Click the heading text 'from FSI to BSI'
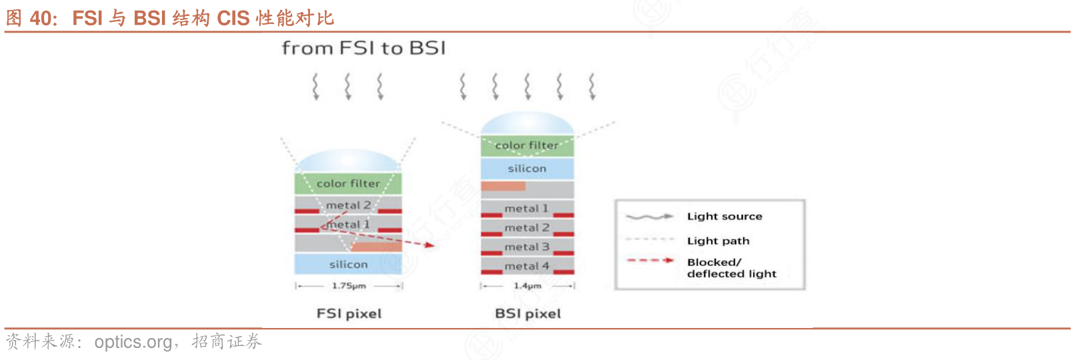click(363, 48)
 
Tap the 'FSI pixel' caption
click(349, 313)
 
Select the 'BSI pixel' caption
click(527, 313)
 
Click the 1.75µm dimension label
click(349, 285)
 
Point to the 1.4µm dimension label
click(527, 285)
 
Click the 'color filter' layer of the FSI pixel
click(348, 183)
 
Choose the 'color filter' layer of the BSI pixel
click(527, 145)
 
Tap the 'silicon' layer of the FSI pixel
click(348, 264)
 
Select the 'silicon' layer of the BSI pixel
click(527, 169)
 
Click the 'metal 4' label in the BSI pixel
click(527, 266)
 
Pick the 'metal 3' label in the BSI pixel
click(527, 247)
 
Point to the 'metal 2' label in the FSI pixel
click(348, 205)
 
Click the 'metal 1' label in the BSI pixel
click(526, 208)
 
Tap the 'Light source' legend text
click(725, 217)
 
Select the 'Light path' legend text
click(718, 241)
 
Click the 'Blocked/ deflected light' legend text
click(732, 268)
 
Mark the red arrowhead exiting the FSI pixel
click(429, 245)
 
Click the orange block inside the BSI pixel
click(503, 186)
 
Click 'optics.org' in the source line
click(133, 342)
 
